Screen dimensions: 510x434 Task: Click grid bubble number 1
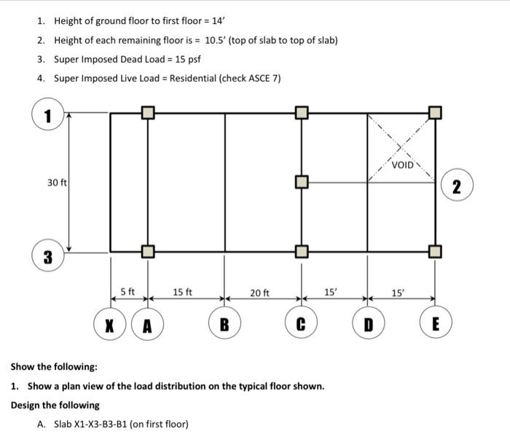[x=47, y=114]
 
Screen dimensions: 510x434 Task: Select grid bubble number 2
[x=456, y=185]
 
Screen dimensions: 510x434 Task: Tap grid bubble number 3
[x=47, y=256]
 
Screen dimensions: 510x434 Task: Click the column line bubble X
[x=110, y=323]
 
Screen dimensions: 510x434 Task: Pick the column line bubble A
[x=147, y=323]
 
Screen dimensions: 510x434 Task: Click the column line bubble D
[x=368, y=323]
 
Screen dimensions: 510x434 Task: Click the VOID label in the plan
[x=402, y=165]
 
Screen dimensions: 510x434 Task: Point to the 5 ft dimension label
[x=128, y=292]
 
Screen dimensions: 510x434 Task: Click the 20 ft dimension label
[x=260, y=293]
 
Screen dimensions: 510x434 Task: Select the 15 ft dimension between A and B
[x=183, y=292]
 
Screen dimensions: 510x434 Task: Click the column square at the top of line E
[x=435, y=112]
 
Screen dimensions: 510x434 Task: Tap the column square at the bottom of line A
[x=147, y=252]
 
